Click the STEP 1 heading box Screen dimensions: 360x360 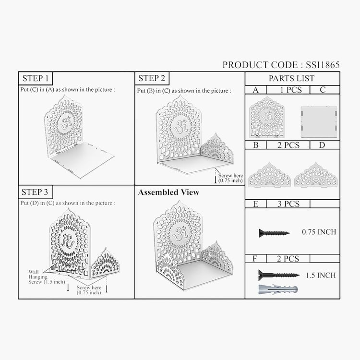tap(36, 78)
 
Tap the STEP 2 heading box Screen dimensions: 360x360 tap(152, 78)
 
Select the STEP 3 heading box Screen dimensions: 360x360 tap(36, 192)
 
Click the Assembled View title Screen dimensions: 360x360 tap(168, 192)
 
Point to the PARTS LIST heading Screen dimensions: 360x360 tap(291, 79)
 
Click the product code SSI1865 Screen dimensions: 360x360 tap(323, 65)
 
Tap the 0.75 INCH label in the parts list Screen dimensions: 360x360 tap(319, 232)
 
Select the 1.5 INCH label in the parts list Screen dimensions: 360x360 tap(321, 275)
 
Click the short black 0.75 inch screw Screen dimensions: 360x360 tap(274, 233)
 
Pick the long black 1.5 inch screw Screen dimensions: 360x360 tap(279, 275)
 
